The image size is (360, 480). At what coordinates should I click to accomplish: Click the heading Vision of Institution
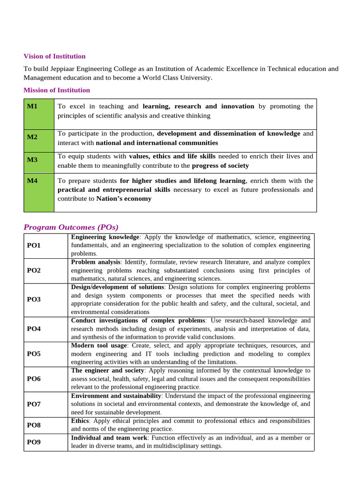pyautogui.click(x=54, y=56)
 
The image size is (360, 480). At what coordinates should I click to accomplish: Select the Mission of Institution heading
pyautogui.click(x=57, y=90)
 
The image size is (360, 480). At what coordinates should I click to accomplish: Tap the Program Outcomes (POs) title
pyautogui.click(x=71, y=227)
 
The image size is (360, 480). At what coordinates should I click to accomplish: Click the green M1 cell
pyautogui.click(x=39, y=114)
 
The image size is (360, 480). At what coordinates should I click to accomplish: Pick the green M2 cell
pyautogui.click(x=39, y=140)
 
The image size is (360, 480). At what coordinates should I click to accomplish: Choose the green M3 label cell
pyautogui.click(x=39, y=162)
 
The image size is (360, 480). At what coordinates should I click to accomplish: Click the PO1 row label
pyautogui.click(x=34, y=245)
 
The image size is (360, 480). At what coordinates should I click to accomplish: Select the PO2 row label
pyautogui.click(x=34, y=270)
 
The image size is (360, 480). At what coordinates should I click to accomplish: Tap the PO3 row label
pyautogui.click(x=34, y=299)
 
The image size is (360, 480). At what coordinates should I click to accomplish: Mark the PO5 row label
pyautogui.click(x=34, y=353)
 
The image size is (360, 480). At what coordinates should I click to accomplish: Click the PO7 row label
pyautogui.click(x=34, y=404)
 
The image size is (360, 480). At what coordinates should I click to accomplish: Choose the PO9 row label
pyautogui.click(x=34, y=442)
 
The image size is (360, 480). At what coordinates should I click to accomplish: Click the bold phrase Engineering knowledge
pyautogui.click(x=105, y=237)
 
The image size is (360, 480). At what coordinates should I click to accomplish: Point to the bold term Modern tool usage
pyautogui.click(x=98, y=345)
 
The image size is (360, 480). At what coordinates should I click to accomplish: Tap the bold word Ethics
pyautogui.click(x=79, y=421)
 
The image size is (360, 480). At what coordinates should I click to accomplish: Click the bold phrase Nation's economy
pyautogui.click(x=124, y=199)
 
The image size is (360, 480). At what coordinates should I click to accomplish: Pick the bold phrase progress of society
pyautogui.click(x=220, y=165)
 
